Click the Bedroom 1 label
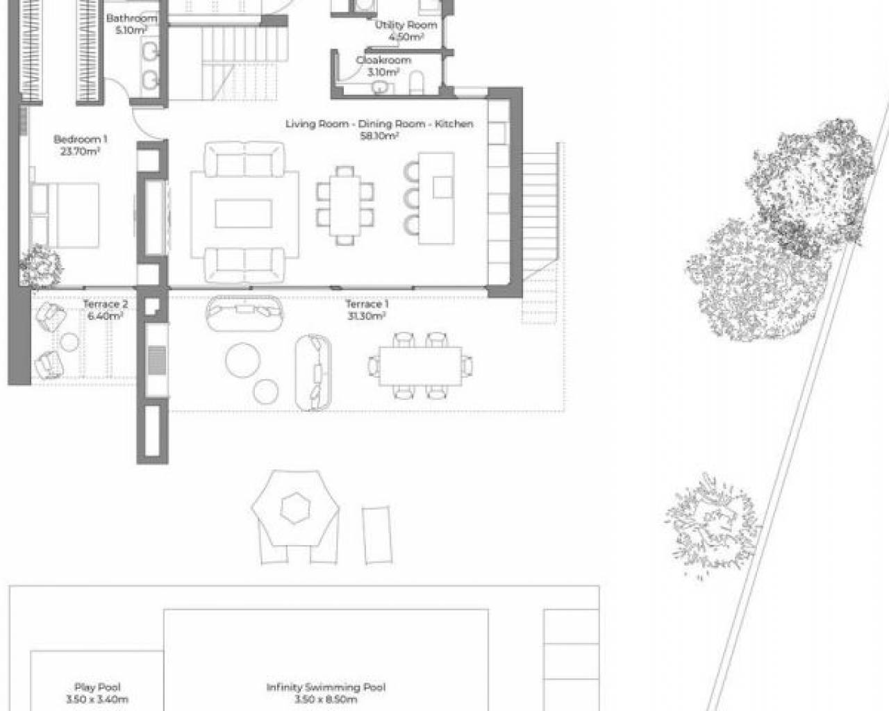pyautogui.click(x=80, y=140)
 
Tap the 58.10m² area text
pyautogui.click(x=379, y=136)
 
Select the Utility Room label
pyautogui.click(x=406, y=25)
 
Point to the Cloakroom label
pyautogui.click(x=383, y=60)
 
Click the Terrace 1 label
pyautogui.click(x=367, y=305)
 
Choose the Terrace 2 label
pyautogui.click(x=106, y=305)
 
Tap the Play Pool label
pyautogui.click(x=97, y=687)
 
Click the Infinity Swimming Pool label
pyautogui.click(x=326, y=687)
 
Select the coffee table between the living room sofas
pyautogui.click(x=244, y=214)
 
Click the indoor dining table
pyautogui.click(x=345, y=206)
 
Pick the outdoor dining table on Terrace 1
pyautogui.click(x=421, y=366)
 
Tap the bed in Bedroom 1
pyautogui.click(x=65, y=215)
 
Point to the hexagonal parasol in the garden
pyautogui.click(x=295, y=508)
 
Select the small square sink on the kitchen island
pyautogui.click(x=443, y=187)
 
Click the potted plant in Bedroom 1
pyautogui.click(x=40, y=266)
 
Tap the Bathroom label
pyautogui.click(x=131, y=18)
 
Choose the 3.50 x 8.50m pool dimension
pyautogui.click(x=326, y=699)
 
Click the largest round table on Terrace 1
pyautogui.click(x=243, y=360)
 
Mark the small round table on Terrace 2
pyautogui.click(x=69, y=342)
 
